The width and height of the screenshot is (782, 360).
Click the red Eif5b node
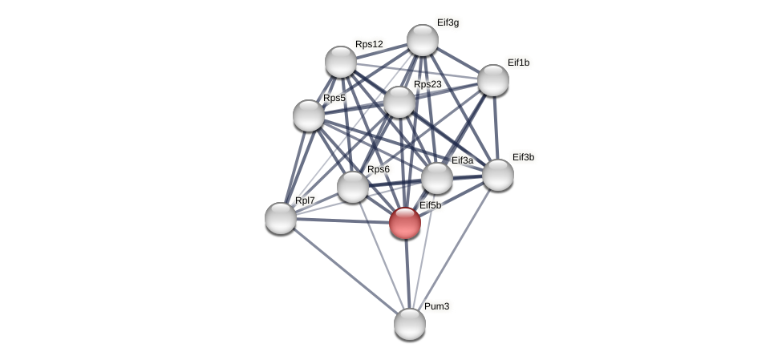click(x=405, y=222)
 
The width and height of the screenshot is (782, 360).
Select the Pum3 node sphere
click(x=410, y=323)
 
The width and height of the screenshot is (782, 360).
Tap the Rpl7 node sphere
click(x=281, y=217)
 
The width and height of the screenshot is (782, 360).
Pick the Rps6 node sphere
click(x=353, y=187)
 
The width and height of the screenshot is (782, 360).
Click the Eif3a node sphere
click(x=437, y=178)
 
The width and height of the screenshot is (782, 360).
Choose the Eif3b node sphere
click(x=497, y=175)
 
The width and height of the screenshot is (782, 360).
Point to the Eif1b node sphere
click(x=493, y=80)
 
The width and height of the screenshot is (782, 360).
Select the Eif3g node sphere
click(x=423, y=40)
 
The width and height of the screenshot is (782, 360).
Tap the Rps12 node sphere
click(x=341, y=62)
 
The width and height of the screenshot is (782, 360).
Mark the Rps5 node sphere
click(x=309, y=115)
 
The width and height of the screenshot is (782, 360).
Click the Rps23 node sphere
click(x=399, y=102)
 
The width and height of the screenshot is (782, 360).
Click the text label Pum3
click(x=436, y=306)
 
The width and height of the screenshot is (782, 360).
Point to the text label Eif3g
click(x=448, y=22)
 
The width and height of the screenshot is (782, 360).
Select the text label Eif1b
click(x=518, y=63)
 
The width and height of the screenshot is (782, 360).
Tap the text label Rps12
click(x=370, y=44)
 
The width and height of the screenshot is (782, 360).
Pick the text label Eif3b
click(x=523, y=157)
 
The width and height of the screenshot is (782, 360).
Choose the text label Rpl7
click(x=304, y=200)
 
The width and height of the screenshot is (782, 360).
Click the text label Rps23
click(x=427, y=84)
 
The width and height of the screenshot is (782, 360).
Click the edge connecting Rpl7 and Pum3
click(x=345, y=270)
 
